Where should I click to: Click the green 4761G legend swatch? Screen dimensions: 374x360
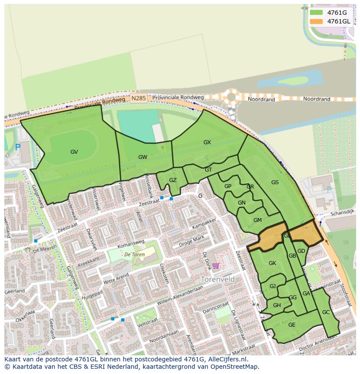[316, 13]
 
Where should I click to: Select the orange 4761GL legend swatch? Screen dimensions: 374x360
[316, 21]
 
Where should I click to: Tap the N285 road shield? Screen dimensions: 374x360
[138, 99]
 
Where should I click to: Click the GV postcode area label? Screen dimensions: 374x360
[74, 152]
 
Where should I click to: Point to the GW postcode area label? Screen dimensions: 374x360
[143, 157]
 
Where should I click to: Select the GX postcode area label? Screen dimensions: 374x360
[207, 142]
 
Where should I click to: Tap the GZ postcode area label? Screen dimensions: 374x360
[173, 180]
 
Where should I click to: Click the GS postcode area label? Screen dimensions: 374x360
[275, 182]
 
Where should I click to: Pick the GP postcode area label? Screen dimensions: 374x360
[227, 186]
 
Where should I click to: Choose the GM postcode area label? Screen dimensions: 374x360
[257, 220]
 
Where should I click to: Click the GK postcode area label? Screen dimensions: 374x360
[272, 263]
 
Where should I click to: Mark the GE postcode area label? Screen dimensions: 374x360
[292, 325]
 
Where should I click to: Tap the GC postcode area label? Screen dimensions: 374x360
[326, 312]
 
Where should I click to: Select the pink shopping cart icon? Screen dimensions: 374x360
[216, 266]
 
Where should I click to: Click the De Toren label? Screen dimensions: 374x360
[133, 255]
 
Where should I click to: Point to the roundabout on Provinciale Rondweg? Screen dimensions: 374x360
[231, 96]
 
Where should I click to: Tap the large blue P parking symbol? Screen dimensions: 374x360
[18, 148]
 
